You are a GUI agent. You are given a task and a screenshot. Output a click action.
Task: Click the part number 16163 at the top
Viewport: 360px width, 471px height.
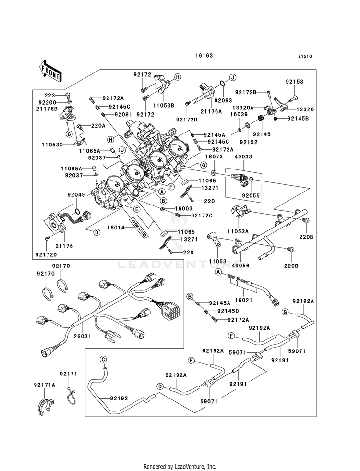204,56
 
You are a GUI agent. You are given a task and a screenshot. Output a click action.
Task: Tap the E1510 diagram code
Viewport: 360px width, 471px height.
305,56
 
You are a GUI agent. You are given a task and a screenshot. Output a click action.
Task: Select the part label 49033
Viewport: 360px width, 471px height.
243,157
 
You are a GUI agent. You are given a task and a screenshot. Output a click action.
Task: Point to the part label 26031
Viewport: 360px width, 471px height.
83,336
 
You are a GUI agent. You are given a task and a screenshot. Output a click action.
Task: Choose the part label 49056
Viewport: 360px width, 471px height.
241,266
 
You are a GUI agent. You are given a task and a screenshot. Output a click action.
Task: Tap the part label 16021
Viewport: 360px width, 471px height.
243,300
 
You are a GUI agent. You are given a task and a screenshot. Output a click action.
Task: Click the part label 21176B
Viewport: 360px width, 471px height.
47,109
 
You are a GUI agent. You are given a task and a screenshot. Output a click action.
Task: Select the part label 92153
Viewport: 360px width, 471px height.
295,82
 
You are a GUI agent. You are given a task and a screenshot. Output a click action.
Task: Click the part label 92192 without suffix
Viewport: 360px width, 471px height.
119,399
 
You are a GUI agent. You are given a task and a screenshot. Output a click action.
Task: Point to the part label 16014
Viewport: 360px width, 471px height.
116,228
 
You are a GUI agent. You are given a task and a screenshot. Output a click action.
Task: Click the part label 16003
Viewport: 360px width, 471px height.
183,208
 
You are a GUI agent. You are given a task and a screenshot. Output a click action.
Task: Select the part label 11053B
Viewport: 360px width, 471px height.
164,106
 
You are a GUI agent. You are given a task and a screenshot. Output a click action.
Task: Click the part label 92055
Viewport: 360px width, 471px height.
251,196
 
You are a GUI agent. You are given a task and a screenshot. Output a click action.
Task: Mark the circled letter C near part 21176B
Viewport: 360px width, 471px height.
69,134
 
